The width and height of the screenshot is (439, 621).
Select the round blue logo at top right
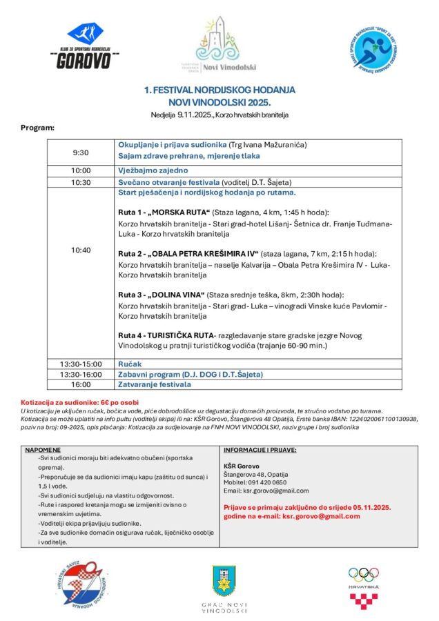(379, 46)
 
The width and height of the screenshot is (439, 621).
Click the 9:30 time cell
(81, 150)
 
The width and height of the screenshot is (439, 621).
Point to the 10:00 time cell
(81, 170)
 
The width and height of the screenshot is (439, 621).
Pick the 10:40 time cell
(81, 250)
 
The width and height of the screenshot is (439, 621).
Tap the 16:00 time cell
(81, 384)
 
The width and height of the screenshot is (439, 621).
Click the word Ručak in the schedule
(129, 363)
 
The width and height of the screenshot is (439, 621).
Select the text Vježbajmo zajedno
(153, 170)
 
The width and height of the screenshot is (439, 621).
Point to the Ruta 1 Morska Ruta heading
(164, 212)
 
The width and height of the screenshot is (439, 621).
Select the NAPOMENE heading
(43, 450)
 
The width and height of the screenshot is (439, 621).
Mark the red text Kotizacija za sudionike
(70, 402)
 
